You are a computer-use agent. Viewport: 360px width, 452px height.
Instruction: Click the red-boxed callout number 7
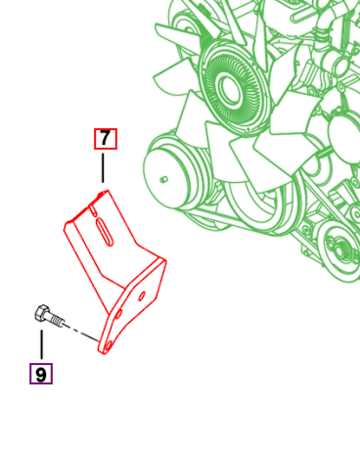pos(105,138)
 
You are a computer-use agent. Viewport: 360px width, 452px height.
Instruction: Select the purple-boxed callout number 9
pos(40,374)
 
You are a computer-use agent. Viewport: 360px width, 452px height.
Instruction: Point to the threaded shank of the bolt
pos(57,319)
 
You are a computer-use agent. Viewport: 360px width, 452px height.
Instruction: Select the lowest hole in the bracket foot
pos(108,342)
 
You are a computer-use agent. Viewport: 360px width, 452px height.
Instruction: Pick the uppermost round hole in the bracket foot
pos(142,291)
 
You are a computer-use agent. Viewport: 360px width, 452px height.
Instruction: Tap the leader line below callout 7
pos(103,166)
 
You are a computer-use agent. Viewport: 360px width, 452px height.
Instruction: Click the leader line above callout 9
pos(41,344)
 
